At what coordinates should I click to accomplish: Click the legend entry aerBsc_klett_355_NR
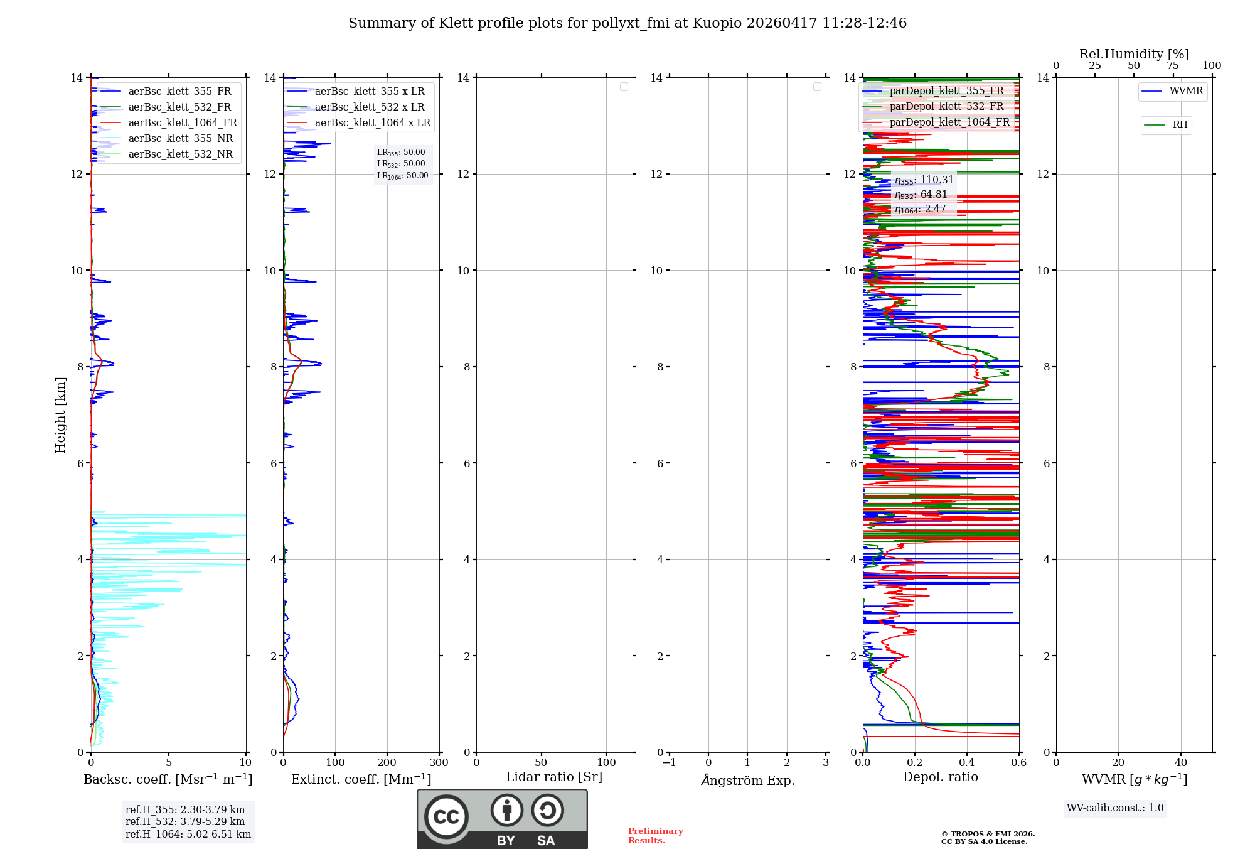(180, 138)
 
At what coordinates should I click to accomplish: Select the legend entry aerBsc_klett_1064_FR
(182, 122)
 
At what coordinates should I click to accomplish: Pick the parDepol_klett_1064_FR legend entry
(949, 122)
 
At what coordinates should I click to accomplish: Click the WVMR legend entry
(1185, 91)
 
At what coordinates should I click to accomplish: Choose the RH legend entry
(1180, 125)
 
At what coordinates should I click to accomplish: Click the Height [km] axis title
(60, 415)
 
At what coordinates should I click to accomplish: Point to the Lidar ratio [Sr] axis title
(553, 777)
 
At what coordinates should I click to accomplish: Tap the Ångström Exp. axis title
(747, 780)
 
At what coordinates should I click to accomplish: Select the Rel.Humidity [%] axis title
(1134, 54)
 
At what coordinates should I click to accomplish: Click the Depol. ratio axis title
(940, 777)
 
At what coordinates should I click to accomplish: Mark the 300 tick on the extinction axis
(439, 762)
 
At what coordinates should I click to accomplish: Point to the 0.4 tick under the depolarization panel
(967, 762)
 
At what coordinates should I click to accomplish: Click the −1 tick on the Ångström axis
(670, 762)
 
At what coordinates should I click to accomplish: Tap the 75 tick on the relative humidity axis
(1172, 66)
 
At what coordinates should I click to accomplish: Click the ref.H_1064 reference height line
(188, 834)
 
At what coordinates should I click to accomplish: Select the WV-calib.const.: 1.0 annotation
(1115, 808)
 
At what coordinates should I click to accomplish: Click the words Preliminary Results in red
(655, 835)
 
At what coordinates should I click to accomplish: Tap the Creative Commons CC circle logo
(446, 816)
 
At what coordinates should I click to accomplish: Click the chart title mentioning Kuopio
(627, 23)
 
